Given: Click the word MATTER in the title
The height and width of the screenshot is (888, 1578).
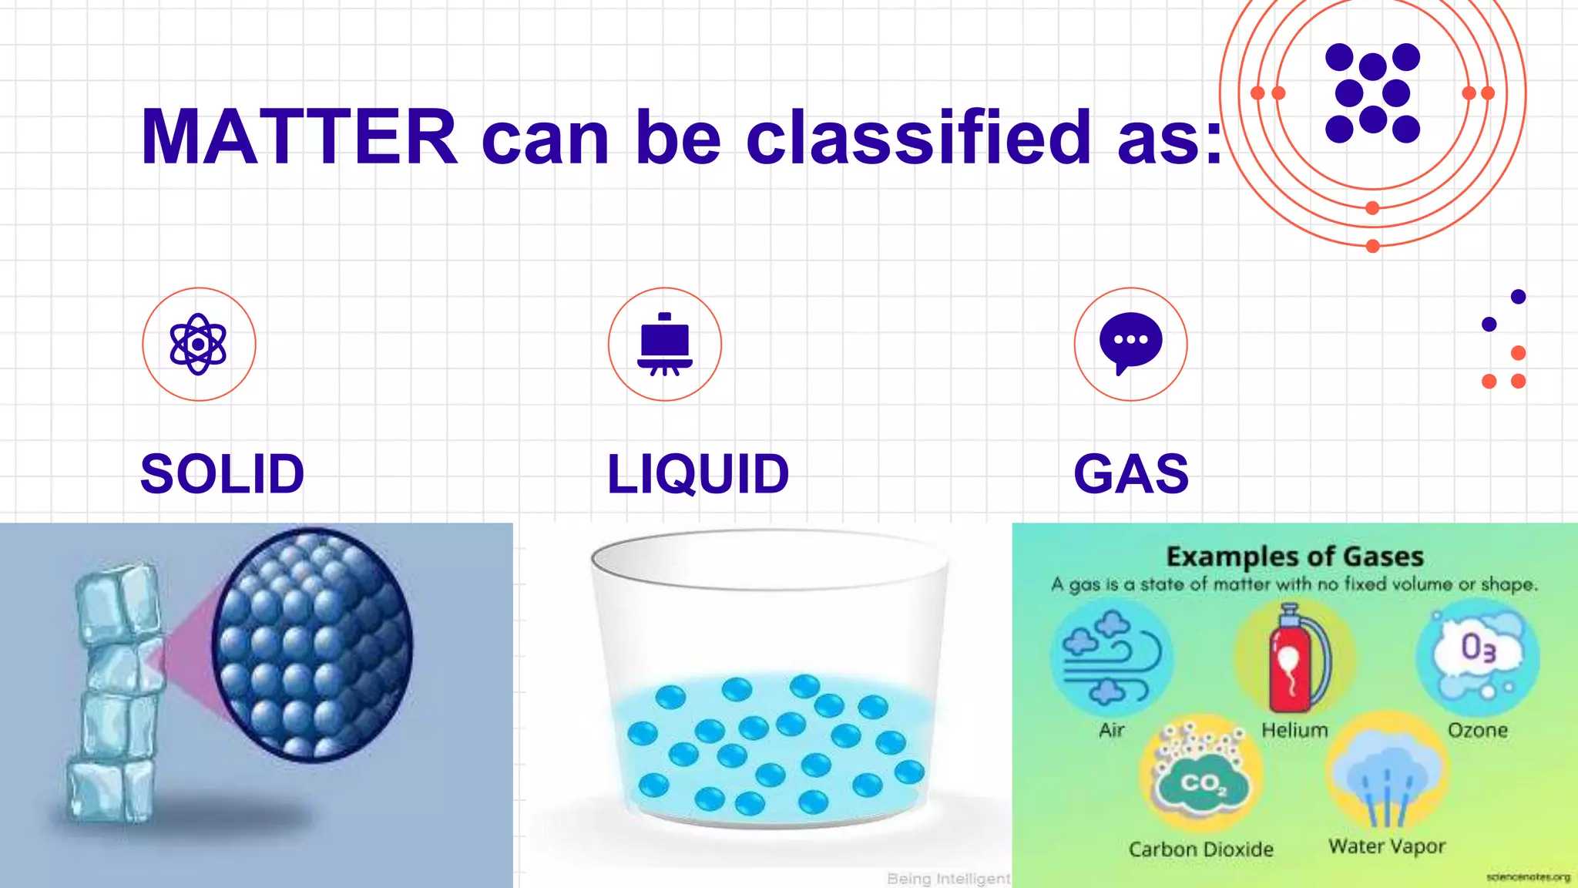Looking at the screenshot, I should pyautogui.click(x=299, y=137).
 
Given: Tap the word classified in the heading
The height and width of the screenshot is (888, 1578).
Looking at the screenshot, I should pyautogui.click(x=918, y=137).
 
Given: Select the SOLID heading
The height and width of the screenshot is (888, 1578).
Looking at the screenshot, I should pyautogui.click(x=222, y=473).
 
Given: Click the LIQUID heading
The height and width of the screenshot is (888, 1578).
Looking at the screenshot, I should pyautogui.click(x=698, y=473).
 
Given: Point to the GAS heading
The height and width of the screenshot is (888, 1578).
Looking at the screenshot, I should pyautogui.click(x=1131, y=473).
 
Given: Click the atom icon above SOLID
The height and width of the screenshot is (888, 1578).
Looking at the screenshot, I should pyautogui.click(x=199, y=344).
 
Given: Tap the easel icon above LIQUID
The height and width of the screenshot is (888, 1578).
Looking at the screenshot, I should pyautogui.click(x=665, y=344).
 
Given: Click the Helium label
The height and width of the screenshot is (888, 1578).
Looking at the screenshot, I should pyautogui.click(x=1294, y=730).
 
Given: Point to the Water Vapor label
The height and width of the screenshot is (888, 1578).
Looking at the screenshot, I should pyautogui.click(x=1387, y=846).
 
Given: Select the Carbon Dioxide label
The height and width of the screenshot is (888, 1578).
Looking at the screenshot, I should pyautogui.click(x=1200, y=849).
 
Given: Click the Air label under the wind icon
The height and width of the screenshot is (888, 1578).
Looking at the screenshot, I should pyautogui.click(x=1111, y=730).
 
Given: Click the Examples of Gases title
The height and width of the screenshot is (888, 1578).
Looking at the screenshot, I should pyautogui.click(x=1294, y=557).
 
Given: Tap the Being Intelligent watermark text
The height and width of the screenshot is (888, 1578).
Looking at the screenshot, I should pyautogui.click(x=948, y=879).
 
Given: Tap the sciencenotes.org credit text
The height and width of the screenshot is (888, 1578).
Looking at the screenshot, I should pyautogui.click(x=1527, y=877).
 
